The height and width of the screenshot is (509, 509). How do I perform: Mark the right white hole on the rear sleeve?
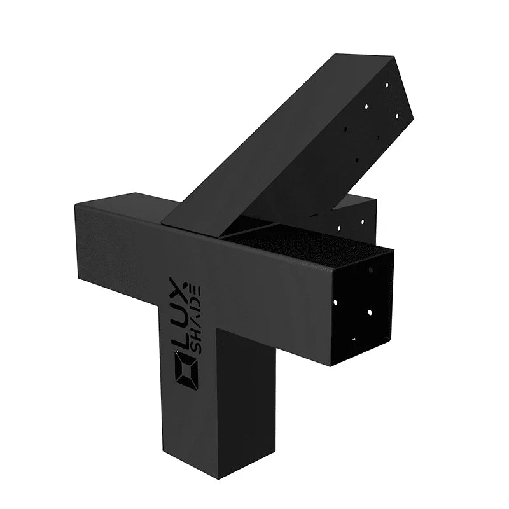pos(364,222)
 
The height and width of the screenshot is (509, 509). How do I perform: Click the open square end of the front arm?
pos(361,305)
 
